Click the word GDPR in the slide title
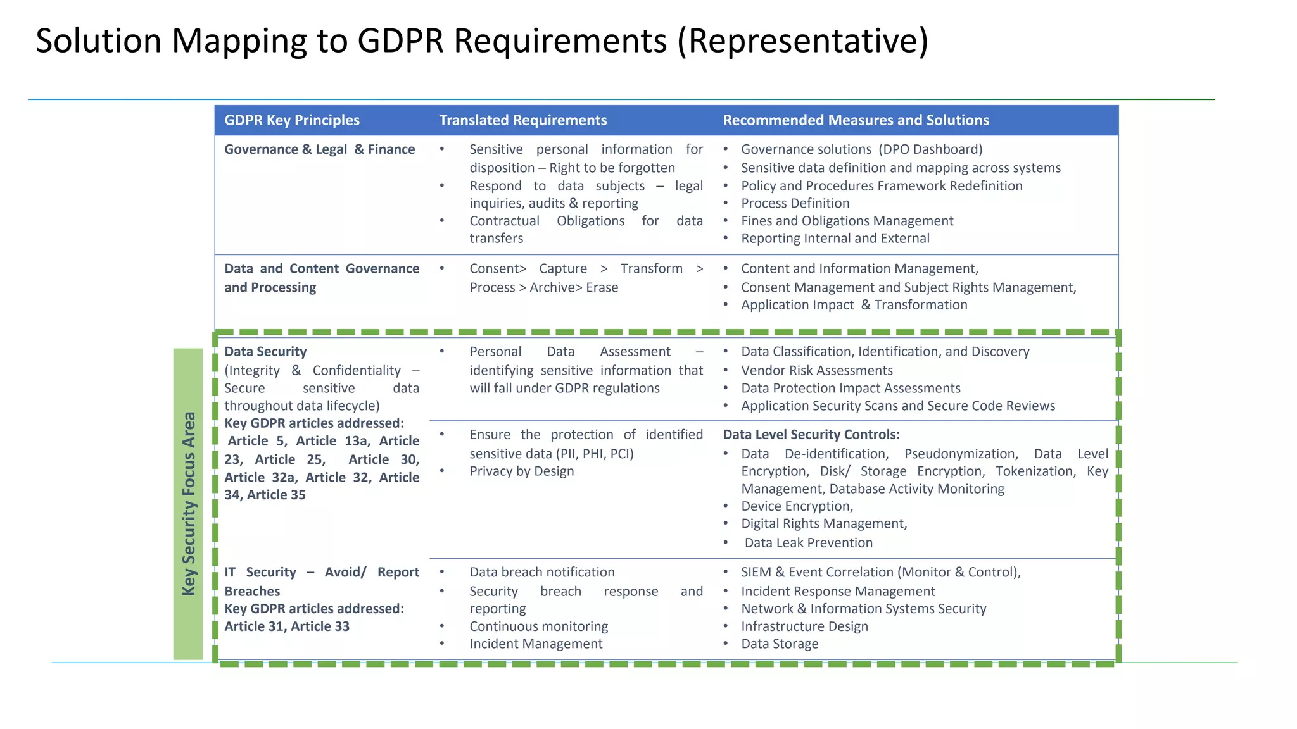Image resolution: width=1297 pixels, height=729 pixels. (400, 41)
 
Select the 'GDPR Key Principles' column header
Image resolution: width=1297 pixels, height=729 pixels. (292, 120)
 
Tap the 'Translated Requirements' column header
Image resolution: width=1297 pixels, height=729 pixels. (522, 120)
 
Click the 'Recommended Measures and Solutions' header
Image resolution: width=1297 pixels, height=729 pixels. (856, 120)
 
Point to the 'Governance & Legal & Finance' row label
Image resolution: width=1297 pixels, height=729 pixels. (319, 149)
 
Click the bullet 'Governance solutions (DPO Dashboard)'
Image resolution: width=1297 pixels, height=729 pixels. (861, 149)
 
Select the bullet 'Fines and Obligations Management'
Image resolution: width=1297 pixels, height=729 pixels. (847, 221)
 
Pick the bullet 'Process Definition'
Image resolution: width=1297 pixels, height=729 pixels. (795, 203)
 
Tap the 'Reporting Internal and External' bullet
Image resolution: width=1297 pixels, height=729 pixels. (835, 239)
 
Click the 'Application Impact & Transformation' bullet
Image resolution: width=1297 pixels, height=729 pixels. (854, 305)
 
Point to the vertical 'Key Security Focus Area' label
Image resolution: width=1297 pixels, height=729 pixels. (188, 504)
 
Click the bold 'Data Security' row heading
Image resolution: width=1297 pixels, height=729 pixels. (265, 352)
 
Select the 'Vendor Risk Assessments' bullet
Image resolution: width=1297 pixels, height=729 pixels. (816, 371)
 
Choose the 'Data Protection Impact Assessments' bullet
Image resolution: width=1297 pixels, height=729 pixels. (851, 389)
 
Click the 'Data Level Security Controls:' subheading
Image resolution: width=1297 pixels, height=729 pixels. (811, 435)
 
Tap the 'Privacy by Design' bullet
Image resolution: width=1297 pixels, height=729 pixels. (521, 471)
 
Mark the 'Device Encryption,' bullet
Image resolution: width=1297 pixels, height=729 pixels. (797, 506)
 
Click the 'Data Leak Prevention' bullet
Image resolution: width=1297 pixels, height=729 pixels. (808, 543)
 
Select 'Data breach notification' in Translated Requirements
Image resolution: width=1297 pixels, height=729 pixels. (541, 572)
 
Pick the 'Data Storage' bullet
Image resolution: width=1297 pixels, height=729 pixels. (780, 644)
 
